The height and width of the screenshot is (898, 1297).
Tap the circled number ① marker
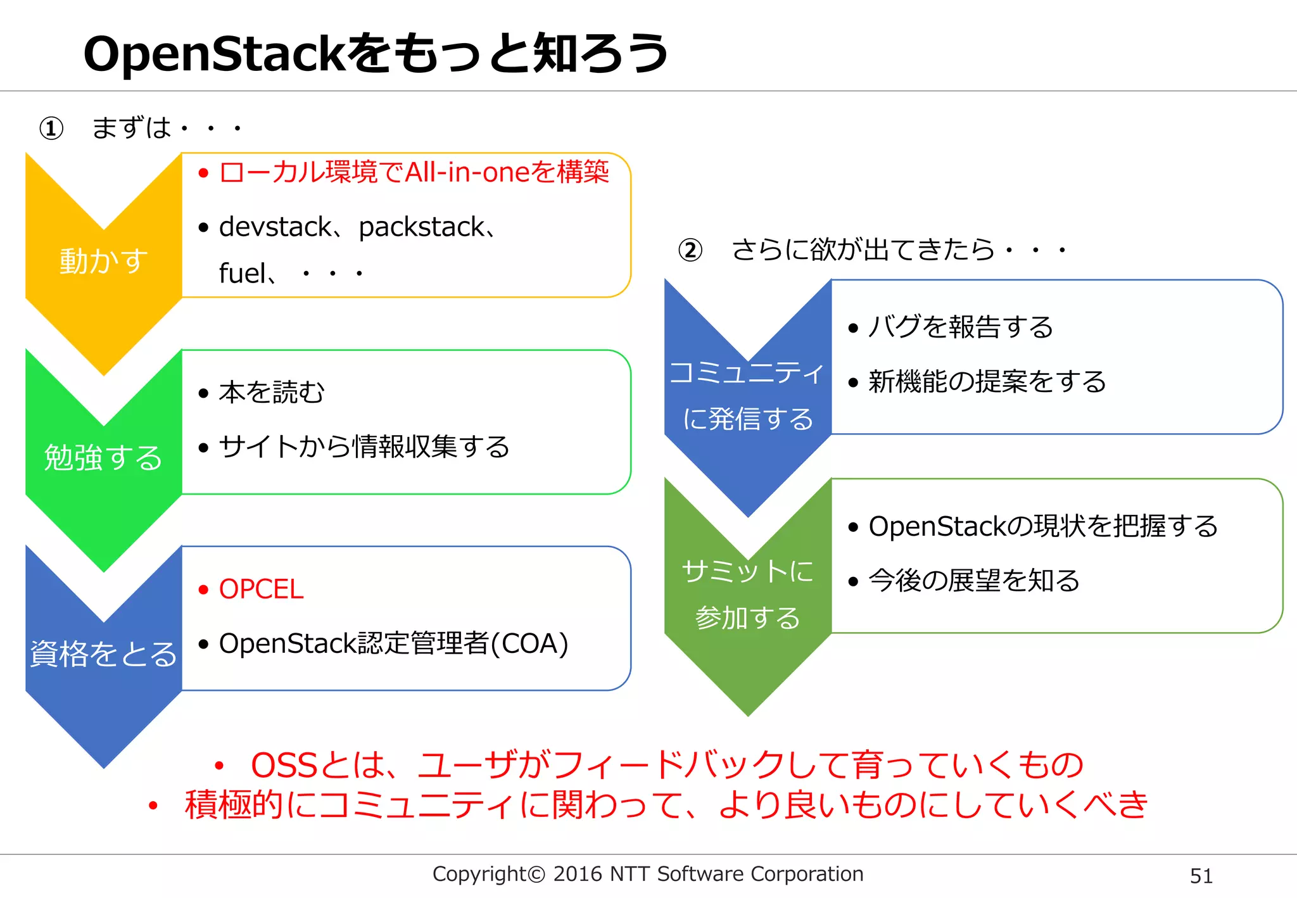point(51,129)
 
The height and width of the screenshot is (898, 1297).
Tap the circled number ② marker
point(690,250)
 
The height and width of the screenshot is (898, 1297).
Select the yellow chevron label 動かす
point(103,261)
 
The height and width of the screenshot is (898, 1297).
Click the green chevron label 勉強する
point(103,457)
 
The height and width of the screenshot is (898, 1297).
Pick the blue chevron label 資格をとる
point(103,654)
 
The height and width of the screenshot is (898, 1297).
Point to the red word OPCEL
point(261,590)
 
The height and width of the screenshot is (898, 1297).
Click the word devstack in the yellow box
point(275,227)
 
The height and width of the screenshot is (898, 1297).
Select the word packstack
point(421,227)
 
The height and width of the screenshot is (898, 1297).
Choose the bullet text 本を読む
point(272,393)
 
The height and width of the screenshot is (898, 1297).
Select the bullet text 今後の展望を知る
point(974,581)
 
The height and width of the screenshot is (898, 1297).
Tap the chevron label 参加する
point(747,618)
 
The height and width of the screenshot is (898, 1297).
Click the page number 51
point(1201,876)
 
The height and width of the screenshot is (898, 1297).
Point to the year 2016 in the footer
point(577,875)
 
